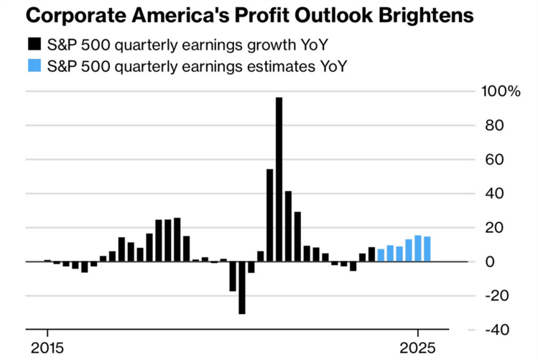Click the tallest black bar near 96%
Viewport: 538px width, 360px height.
279,180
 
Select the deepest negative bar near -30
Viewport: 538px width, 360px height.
242,287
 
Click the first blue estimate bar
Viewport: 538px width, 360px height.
381,255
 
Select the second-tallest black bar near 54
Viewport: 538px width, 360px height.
269,216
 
